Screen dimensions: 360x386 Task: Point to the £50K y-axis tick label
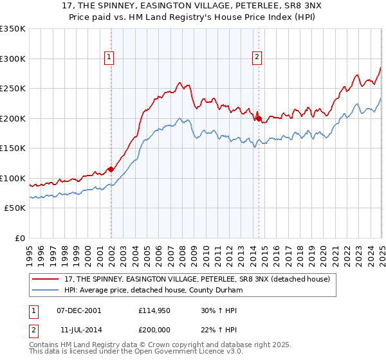click(14, 208)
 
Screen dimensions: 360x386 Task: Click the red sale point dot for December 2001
click(111, 169)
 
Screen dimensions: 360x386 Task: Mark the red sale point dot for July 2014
click(258, 118)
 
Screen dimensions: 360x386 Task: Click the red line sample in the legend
click(47, 279)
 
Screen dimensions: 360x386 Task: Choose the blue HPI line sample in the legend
click(47, 290)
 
